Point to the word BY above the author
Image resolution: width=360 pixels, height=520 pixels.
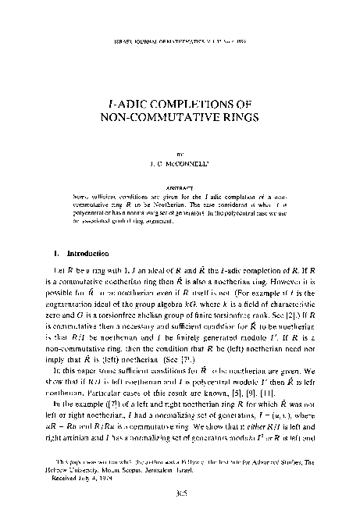(x=180, y=155)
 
